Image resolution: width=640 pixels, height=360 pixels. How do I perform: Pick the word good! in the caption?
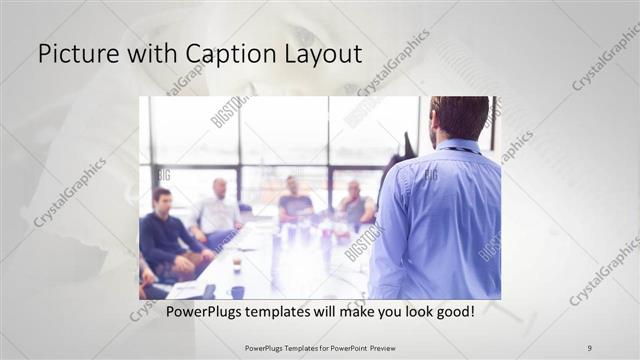pyautogui.click(x=451, y=311)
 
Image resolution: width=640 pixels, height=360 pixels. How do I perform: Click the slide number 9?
pyautogui.click(x=589, y=347)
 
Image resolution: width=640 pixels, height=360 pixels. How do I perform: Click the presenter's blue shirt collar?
pyautogui.click(x=459, y=148)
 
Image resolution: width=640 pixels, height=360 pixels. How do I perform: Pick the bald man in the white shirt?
pyautogui.click(x=217, y=210)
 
